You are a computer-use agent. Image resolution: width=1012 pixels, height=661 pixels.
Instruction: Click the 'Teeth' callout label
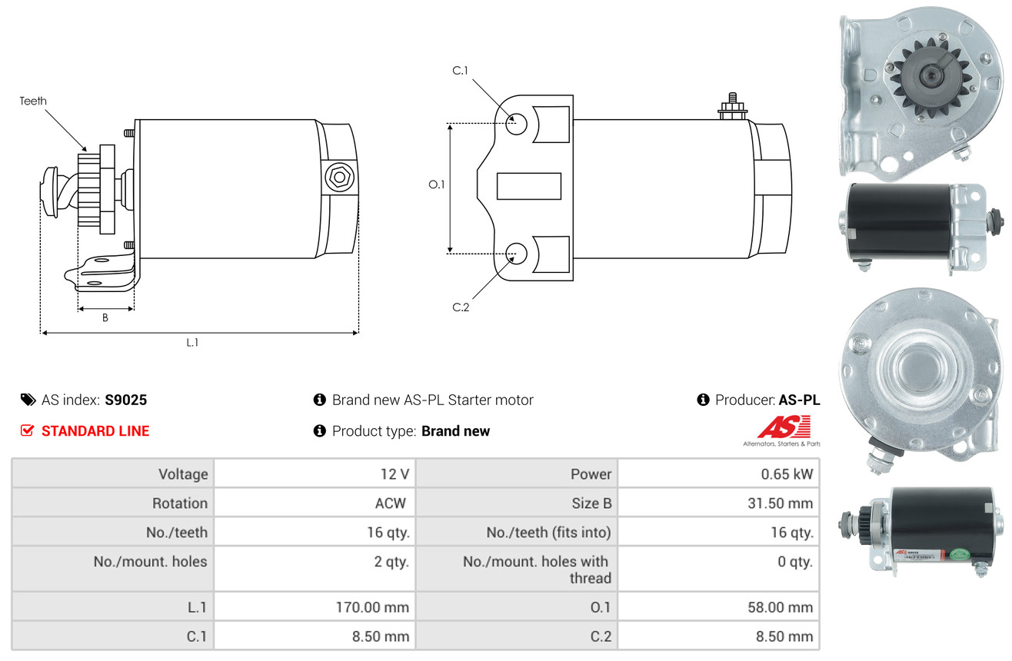point(33,101)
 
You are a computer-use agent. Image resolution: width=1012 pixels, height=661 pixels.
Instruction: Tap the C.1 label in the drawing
point(461,71)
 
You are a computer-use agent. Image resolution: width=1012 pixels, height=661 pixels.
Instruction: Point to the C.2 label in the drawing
point(461,307)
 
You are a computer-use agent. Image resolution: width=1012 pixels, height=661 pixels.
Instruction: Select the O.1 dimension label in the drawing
point(437,184)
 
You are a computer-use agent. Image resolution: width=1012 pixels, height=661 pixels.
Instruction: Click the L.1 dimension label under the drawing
point(192,342)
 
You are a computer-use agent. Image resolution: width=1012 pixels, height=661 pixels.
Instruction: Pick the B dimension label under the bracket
point(105,317)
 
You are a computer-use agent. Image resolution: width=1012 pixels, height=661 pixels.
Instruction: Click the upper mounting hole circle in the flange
point(516,124)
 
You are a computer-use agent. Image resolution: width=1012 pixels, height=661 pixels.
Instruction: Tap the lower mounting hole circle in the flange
point(516,254)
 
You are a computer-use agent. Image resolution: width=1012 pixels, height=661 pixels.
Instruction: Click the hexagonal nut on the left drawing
point(339,178)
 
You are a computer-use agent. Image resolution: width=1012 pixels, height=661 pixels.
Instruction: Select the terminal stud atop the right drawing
point(732,106)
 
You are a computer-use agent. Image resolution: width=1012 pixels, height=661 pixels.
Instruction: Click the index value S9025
point(126,400)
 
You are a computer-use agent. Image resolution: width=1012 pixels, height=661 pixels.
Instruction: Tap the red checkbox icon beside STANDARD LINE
point(27,430)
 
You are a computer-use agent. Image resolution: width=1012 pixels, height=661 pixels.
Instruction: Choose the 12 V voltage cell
point(394,473)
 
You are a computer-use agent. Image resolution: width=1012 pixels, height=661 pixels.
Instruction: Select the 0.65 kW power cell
point(787,473)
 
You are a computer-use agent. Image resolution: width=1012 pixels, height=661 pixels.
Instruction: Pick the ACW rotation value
point(391,503)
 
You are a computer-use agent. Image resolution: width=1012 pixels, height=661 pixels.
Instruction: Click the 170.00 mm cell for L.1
point(372,607)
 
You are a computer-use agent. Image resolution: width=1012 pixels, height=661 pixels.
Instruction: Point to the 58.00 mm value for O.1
point(781,607)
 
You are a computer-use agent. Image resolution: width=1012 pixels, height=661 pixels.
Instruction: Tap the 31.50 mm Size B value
point(781,503)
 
